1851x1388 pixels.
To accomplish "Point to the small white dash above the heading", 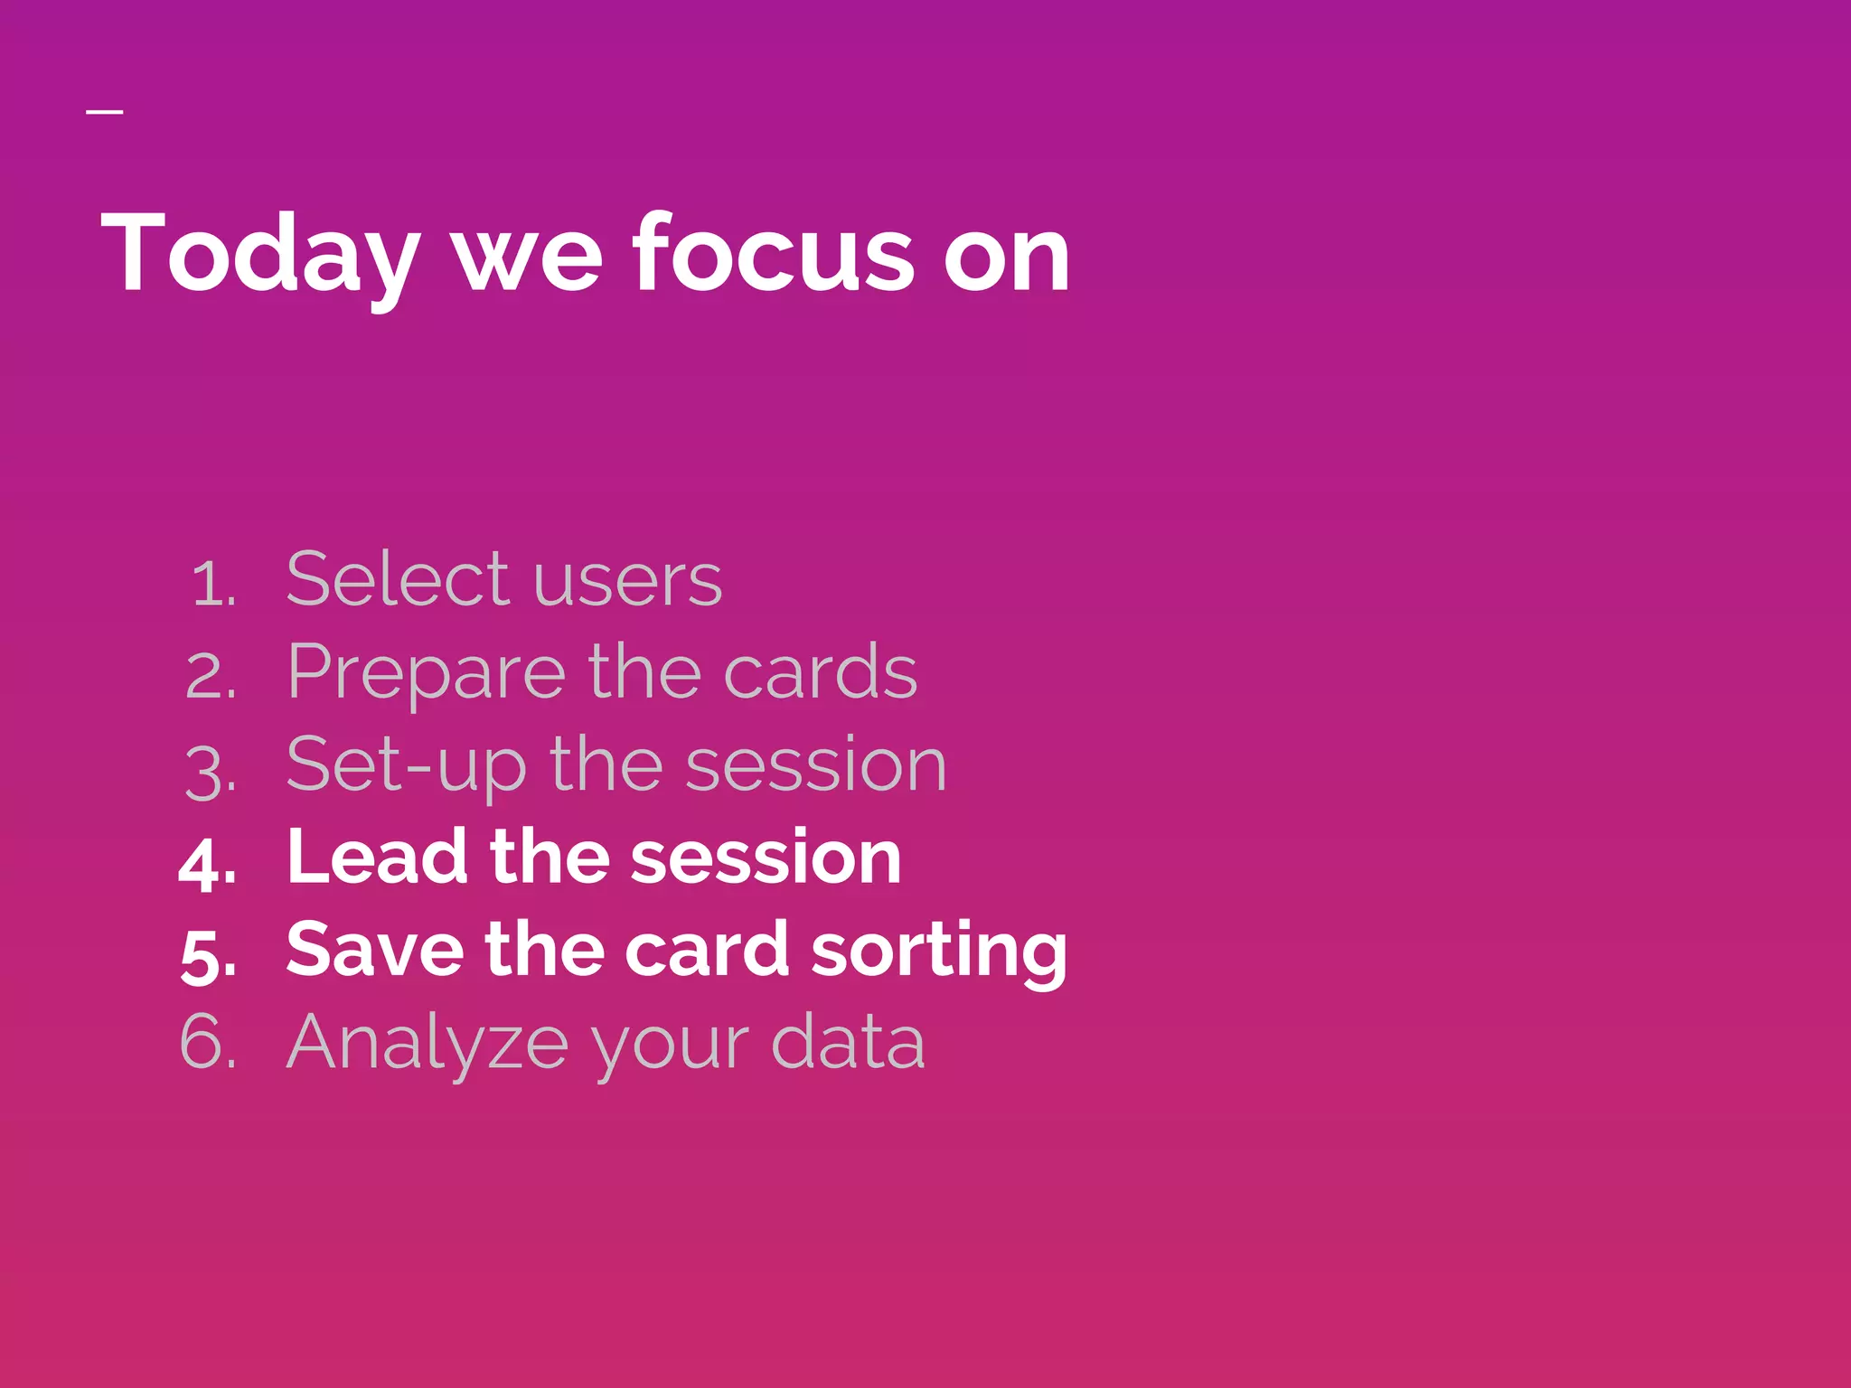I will [105, 112].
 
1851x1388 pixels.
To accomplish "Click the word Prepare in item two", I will [425, 673].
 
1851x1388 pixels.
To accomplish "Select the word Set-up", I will [405, 766].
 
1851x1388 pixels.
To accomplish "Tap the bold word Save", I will [374, 950].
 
